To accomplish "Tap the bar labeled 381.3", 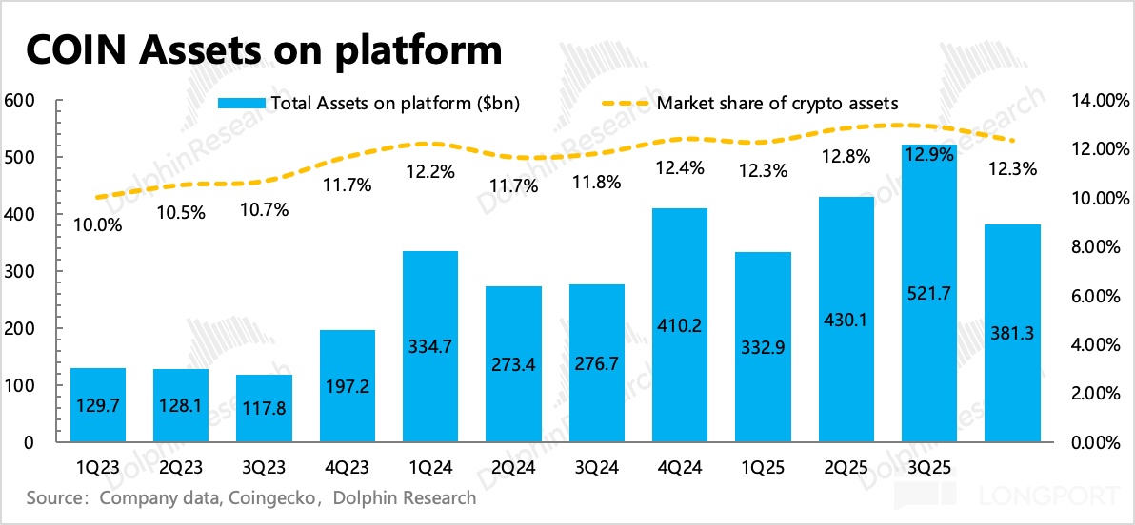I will (x=1011, y=334).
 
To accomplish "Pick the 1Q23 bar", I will (x=98, y=405).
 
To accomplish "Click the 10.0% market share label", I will (x=98, y=225).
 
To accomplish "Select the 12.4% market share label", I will (x=680, y=168).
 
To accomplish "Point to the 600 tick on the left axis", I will (x=21, y=100).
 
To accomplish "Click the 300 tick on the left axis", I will (x=21, y=272).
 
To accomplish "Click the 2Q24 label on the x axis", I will (x=513, y=468).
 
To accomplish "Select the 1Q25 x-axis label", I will (x=763, y=468).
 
